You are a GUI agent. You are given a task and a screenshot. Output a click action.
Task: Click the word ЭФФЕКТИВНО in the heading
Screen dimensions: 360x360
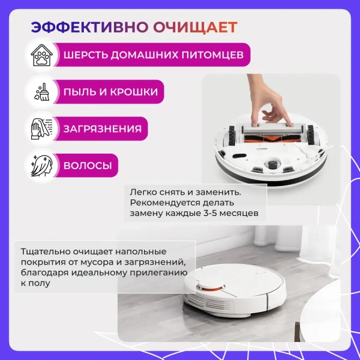tap(90, 28)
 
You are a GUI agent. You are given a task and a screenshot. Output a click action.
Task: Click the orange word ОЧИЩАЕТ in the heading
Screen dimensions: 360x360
tap(195, 28)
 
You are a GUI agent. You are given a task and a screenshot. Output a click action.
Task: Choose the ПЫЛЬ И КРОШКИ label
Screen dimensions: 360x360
tap(111, 92)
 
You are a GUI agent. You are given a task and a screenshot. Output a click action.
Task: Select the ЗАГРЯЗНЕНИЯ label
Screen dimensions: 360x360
tap(103, 129)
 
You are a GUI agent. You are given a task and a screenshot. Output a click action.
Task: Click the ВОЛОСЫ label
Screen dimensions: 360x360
tap(88, 165)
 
